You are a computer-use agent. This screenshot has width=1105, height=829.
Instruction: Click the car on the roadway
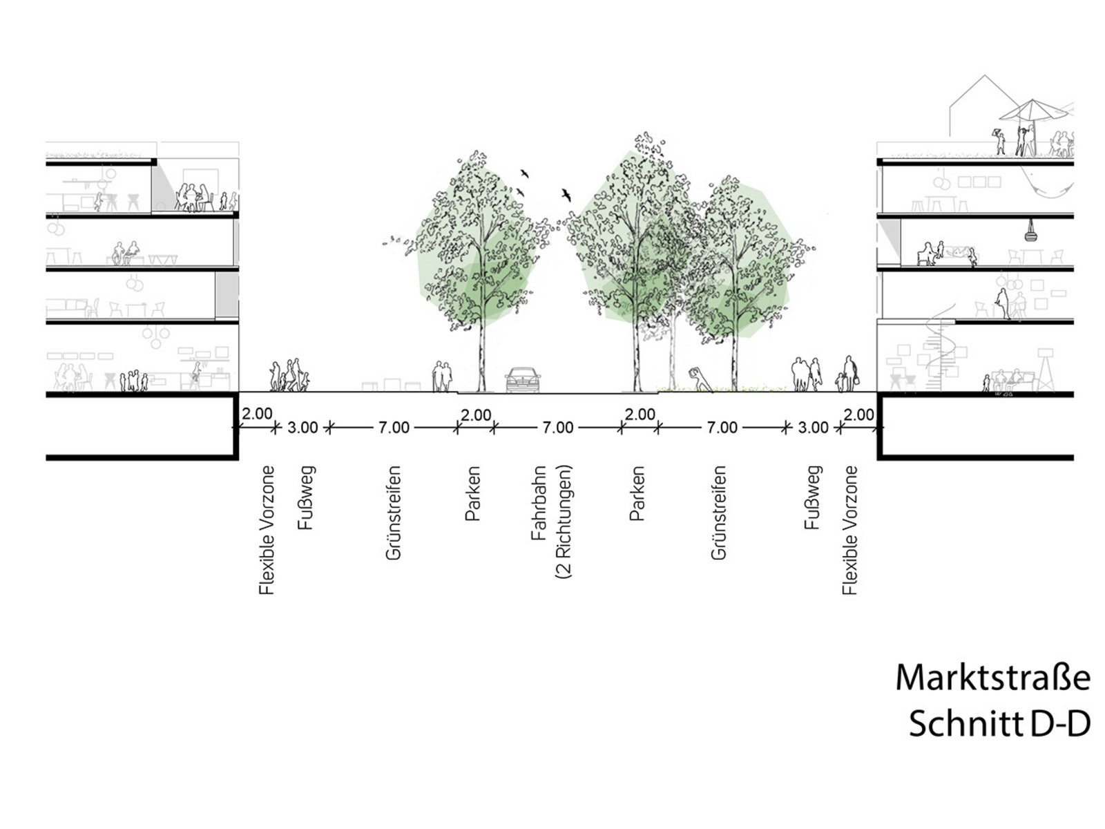coord(523,380)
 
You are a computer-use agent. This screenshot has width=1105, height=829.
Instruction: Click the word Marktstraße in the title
coord(992,678)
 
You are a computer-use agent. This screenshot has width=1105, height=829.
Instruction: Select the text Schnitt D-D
coord(999,724)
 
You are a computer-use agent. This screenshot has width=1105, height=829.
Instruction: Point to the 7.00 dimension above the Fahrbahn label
coord(557,428)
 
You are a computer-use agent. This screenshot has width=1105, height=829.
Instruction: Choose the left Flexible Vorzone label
coord(267,530)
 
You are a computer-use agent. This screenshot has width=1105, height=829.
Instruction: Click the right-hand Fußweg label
coord(812,497)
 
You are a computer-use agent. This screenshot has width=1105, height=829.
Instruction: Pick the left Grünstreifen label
coord(393,513)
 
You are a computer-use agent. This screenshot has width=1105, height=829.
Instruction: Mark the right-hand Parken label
coord(637,493)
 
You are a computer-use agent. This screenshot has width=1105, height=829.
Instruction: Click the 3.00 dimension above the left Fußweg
coord(302,428)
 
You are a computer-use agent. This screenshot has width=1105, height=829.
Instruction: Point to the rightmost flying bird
coord(566,195)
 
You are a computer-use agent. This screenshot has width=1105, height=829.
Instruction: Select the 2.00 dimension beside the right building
coord(858,414)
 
